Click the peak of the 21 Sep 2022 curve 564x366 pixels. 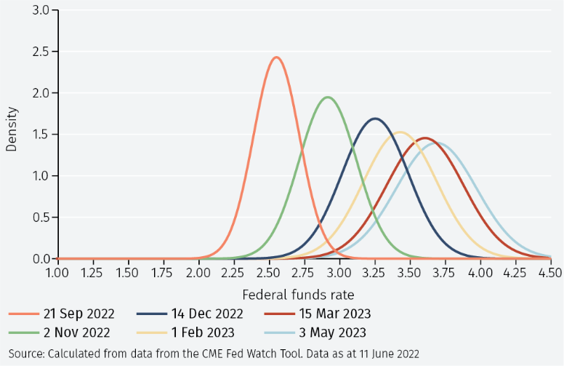click(276, 57)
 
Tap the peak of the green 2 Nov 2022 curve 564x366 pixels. click(329, 97)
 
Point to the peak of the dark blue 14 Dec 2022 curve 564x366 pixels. click(375, 119)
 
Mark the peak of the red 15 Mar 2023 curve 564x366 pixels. click(425, 138)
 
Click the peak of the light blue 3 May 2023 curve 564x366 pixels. click(438, 143)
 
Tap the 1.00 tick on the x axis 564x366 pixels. click(57, 272)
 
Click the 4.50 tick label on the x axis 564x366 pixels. click(550, 272)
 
